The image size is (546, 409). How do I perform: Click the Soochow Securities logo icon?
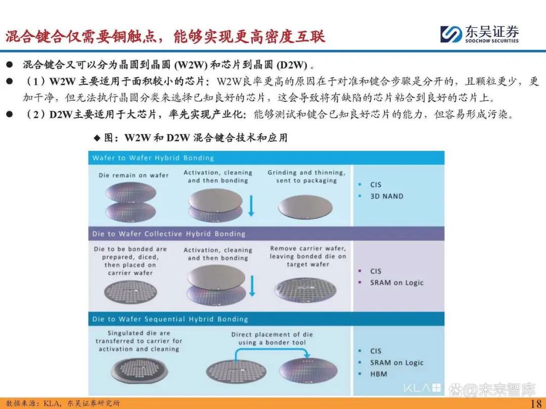coord(451,34)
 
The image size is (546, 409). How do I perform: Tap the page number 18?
coord(536,403)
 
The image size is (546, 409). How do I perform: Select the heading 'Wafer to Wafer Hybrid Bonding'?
coord(153,158)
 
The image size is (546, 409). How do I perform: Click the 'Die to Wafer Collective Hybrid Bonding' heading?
coord(168,234)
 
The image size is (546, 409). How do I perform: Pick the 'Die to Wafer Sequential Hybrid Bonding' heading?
coord(170,319)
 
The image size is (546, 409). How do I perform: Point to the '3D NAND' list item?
coord(387,196)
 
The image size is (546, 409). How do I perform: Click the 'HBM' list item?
coord(379,374)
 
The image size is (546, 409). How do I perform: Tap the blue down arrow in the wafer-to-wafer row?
coord(251,206)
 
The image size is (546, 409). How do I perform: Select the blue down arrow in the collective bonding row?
coord(252,286)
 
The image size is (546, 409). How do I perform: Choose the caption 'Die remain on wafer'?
coord(133,175)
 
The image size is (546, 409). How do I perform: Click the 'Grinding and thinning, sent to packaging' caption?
coord(306,176)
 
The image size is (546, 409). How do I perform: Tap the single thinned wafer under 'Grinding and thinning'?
coord(305,208)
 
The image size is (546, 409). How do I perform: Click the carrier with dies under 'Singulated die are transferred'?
coord(140,371)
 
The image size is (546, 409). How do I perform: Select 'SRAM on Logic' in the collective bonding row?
coord(397,282)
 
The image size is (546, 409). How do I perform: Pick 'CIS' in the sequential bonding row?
coord(376,351)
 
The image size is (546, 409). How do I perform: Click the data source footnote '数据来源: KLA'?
coord(63,403)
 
